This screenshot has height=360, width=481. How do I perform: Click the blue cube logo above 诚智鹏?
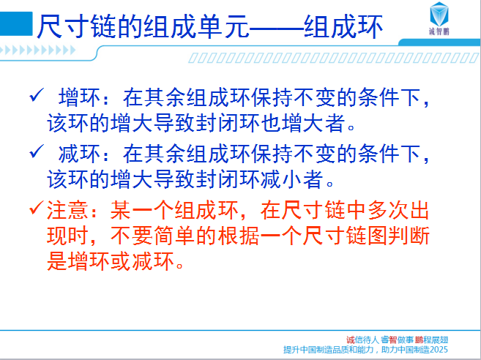439,14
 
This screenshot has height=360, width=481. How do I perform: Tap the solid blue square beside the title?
16,24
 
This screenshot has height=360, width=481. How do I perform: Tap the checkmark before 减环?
37,151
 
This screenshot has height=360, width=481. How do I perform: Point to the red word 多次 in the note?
388,210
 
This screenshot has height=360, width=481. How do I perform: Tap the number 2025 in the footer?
439,350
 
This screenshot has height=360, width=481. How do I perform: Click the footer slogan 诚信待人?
362,340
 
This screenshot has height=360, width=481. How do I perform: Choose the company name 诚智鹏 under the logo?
439,31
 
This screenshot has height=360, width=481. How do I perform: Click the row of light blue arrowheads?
37,50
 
